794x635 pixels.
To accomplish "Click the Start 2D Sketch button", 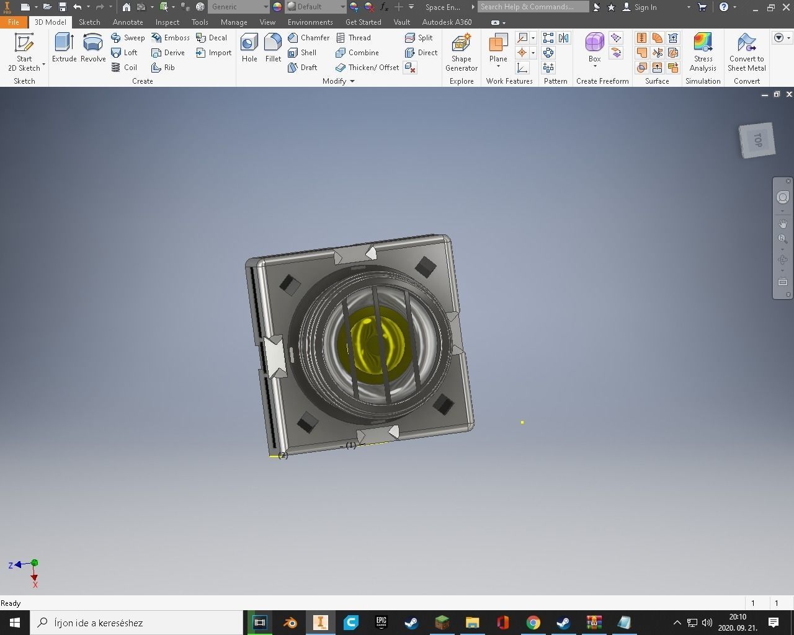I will point(24,52).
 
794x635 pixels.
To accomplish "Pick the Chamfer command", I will point(309,38).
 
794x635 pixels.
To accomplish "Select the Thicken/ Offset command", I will point(367,68).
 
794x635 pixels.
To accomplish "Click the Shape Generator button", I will point(461,52).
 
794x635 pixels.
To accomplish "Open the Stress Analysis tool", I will point(703,52).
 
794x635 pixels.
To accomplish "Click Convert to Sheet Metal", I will point(746,52).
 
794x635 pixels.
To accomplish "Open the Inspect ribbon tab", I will point(167,22).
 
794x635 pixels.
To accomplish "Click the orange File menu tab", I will point(14,22).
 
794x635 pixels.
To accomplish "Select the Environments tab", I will point(310,22).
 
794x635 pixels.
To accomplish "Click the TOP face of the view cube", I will point(757,140).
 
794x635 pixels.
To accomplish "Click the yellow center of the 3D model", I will point(372,341).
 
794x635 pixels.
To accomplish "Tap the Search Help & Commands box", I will point(533,7).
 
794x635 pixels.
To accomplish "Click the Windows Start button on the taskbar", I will point(15,623).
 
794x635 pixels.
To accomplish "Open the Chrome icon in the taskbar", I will point(533,623).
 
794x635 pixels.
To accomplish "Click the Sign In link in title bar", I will point(645,7).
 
